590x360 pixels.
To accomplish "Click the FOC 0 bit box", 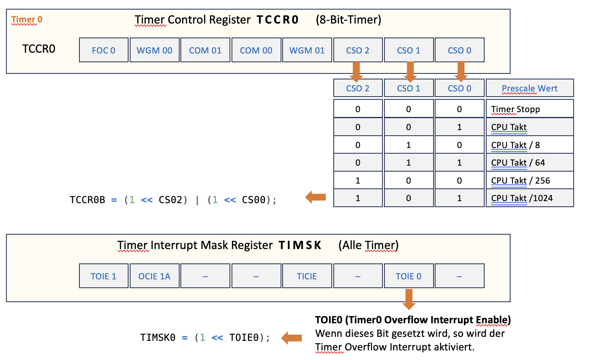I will pos(104,50).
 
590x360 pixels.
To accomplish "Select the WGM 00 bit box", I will pos(154,50).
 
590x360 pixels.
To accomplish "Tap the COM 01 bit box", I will pos(205,50).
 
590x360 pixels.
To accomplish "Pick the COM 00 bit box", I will pos(256,50).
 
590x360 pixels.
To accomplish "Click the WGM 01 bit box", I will pos(307,50).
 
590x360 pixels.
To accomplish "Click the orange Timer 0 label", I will pos(27,20).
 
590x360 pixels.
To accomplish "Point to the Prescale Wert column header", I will pos(529,88).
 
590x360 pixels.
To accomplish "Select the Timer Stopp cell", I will pos(529,109).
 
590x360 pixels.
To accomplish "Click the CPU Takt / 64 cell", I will pos(529,162).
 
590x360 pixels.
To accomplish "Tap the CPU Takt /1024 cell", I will pos(529,198).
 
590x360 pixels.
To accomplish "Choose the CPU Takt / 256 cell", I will pos(529,180).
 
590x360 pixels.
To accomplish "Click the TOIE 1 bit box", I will pos(104,276).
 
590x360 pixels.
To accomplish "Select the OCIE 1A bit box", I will pos(154,276).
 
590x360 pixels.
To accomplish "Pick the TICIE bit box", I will pos(307,276).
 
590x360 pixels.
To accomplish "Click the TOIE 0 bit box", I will pos(408,276).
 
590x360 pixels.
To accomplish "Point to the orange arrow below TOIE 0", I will pos(409,299).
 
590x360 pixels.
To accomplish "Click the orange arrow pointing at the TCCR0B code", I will pos(315,197).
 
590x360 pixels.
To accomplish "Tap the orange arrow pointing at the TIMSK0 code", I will pos(291,338).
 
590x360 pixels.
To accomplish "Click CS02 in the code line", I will pos(170,200).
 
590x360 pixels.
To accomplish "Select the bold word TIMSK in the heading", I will pos(300,245).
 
